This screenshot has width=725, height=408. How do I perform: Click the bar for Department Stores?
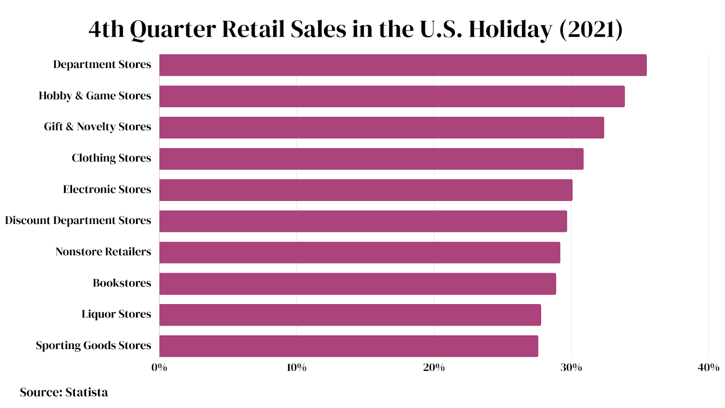[x=402, y=65]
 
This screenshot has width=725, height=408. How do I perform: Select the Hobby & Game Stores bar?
[x=391, y=97]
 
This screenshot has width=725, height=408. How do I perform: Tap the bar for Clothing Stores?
[x=371, y=159]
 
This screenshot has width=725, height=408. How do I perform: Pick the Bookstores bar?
[x=357, y=284]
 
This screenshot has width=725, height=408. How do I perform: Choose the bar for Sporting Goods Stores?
[x=348, y=346]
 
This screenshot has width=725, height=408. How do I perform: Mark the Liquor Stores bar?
[x=350, y=315]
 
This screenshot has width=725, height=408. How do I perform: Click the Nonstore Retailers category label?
[x=103, y=252]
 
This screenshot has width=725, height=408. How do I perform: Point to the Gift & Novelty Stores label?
[x=97, y=127]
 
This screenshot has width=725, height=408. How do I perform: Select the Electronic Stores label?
[x=107, y=189]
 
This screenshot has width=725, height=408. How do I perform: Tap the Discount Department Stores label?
[x=78, y=221]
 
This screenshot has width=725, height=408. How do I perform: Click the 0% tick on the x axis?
[x=159, y=368]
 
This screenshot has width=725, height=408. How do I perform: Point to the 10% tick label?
[x=296, y=368]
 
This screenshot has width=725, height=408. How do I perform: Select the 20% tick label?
[x=434, y=368]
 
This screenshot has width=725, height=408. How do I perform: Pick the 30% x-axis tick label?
[x=571, y=368]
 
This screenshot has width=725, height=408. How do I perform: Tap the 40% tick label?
[x=708, y=368]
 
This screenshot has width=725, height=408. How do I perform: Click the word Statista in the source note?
[x=87, y=393]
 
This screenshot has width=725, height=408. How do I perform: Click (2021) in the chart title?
[x=591, y=29]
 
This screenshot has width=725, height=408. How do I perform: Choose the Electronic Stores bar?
[x=366, y=190]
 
